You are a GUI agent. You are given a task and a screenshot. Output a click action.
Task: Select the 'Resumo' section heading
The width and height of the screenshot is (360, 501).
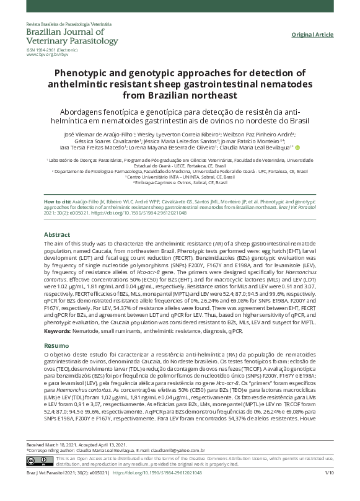tap(56, 345)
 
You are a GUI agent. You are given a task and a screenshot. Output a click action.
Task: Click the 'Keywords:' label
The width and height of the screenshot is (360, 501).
tap(57, 332)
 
